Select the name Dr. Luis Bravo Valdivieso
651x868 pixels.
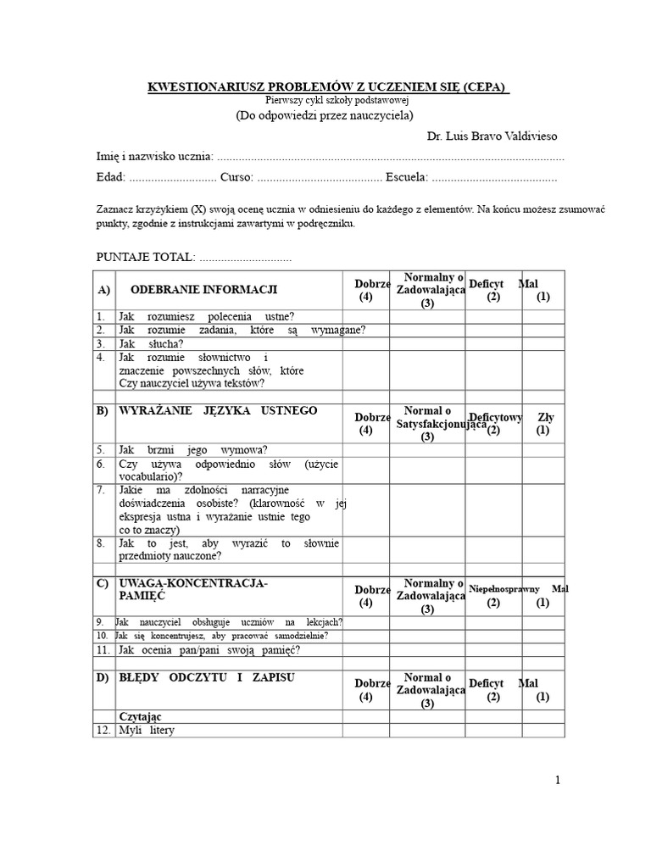(492, 136)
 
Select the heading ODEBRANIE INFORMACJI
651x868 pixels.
(203, 289)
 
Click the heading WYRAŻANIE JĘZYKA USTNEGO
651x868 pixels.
(207, 411)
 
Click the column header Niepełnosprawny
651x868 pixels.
(505, 588)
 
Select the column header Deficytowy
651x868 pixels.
(496, 418)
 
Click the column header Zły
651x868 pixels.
(546, 418)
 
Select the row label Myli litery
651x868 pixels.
(147, 730)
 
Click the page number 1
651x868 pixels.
(559, 781)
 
